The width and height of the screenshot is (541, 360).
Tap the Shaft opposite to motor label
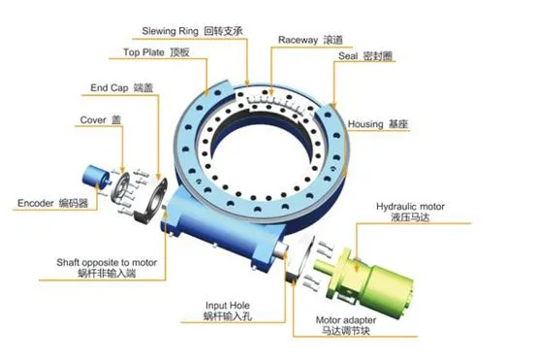pos(107,268)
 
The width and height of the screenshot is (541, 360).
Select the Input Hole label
pos(228,311)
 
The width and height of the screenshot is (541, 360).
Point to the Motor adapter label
pos(346,325)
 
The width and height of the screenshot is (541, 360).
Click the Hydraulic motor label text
pos(410,212)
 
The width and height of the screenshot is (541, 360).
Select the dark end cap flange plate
pos(151,200)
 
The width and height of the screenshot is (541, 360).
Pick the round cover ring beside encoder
pos(119,188)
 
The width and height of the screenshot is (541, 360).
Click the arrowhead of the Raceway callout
pos(271,92)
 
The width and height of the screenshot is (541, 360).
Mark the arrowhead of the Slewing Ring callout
pos(246,82)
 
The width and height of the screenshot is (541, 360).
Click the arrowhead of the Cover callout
pos(122,170)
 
